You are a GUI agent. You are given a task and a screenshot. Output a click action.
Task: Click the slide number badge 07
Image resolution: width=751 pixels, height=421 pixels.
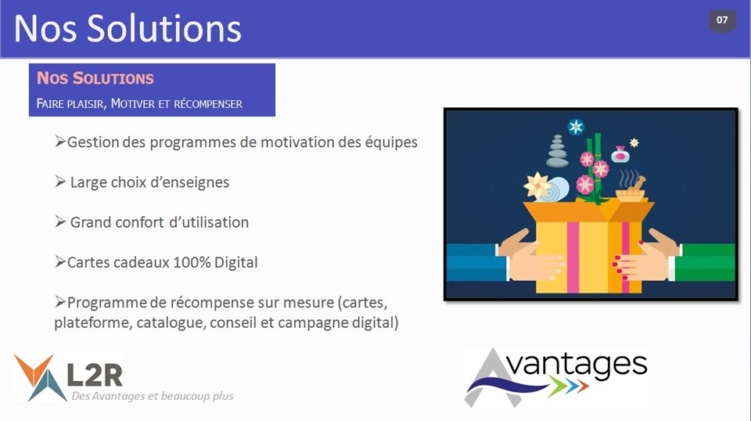(722, 21)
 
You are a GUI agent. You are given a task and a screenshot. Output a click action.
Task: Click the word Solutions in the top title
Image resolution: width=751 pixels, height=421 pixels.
(164, 28)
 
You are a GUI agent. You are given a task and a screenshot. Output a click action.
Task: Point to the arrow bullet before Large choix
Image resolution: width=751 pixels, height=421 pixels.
(60, 182)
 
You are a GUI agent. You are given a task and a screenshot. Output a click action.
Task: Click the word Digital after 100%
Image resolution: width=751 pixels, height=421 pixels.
(235, 262)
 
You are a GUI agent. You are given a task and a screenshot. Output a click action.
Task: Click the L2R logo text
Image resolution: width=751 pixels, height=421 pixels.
(95, 375)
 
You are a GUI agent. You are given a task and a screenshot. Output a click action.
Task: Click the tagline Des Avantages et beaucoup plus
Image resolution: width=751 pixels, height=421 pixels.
(153, 396)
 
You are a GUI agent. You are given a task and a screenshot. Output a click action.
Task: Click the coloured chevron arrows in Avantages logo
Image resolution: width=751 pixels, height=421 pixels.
(569, 385)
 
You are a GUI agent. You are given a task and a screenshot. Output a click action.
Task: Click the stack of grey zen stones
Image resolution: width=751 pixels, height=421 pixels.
(557, 151)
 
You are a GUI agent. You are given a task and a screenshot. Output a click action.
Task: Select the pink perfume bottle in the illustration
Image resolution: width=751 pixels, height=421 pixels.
(620, 154)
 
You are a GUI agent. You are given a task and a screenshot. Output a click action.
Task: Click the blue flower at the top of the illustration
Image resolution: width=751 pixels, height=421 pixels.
(576, 127)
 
